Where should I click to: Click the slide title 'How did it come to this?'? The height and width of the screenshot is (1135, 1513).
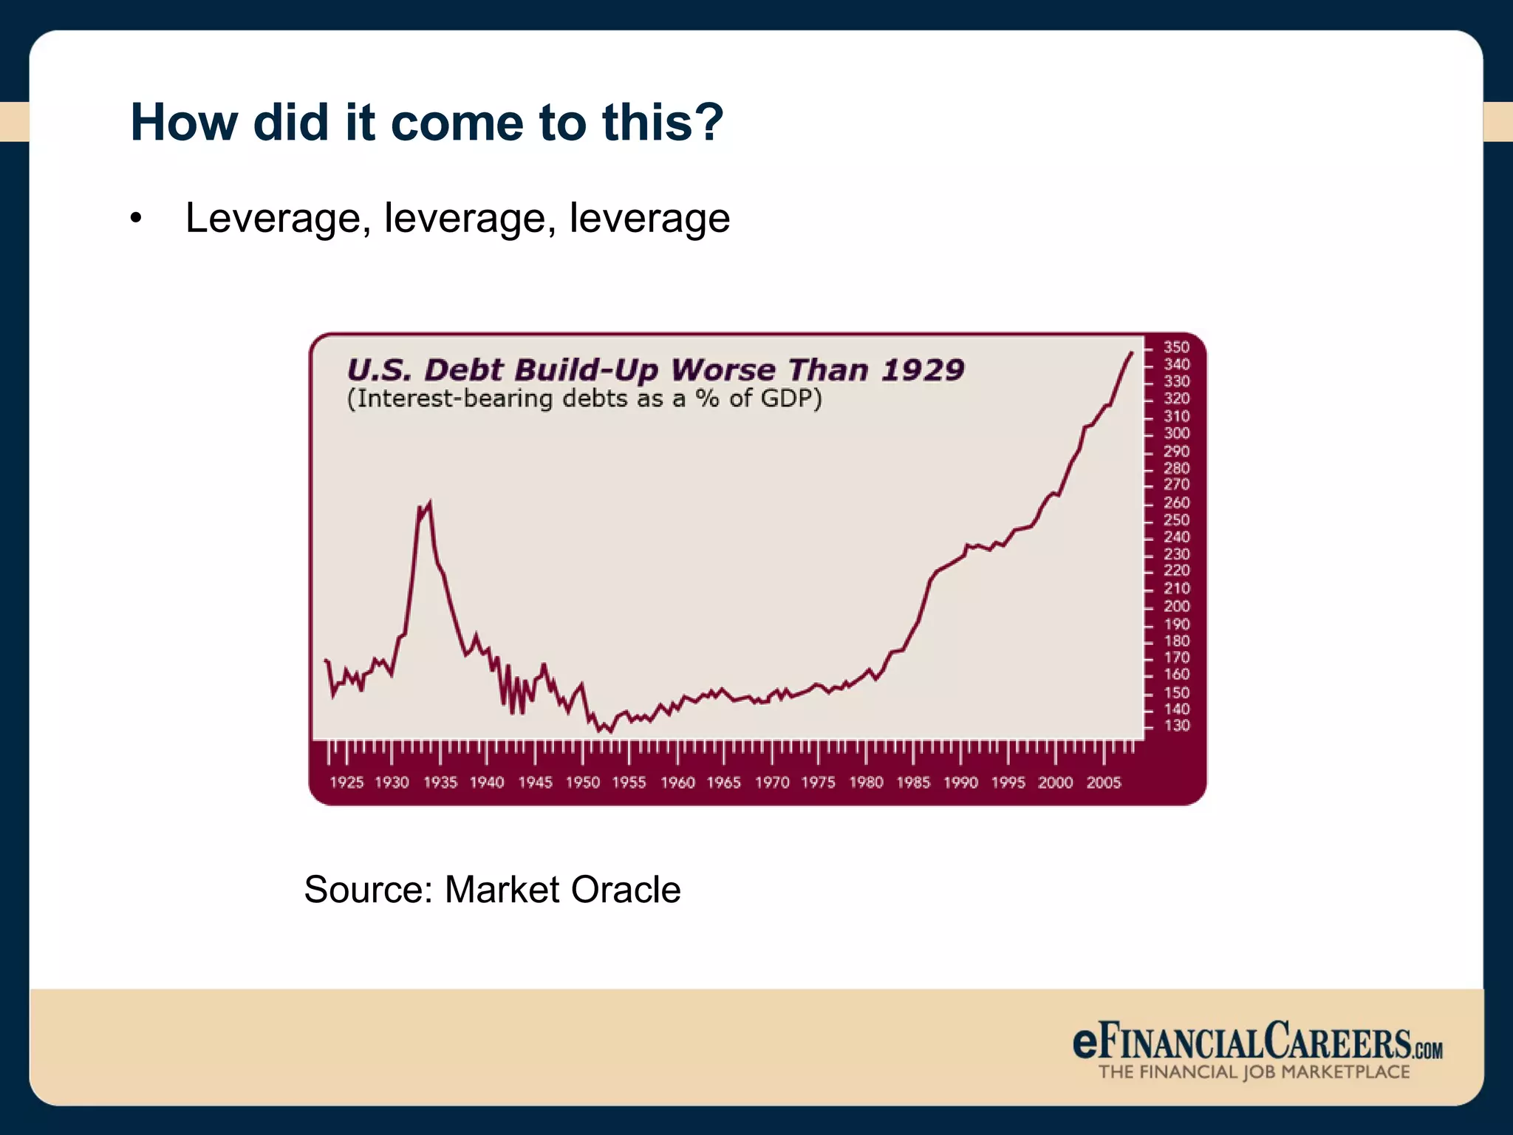[426, 122]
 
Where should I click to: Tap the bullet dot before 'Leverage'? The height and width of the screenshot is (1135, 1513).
[135, 219]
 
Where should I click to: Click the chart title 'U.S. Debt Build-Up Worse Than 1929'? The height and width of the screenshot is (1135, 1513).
[655, 369]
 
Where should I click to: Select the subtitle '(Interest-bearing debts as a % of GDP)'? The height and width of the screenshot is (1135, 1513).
[584, 399]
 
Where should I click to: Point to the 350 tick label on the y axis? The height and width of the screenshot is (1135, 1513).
[1176, 347]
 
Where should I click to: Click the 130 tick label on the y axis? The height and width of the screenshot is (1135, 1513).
[1176, 726]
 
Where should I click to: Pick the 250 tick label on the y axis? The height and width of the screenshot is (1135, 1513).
[1176, 519]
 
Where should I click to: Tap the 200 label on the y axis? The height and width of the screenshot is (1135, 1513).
[1176, 606]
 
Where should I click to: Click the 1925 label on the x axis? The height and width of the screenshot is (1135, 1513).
[346, 783]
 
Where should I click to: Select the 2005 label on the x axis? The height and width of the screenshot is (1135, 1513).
[1103, 783]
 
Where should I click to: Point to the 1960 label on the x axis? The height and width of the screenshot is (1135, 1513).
[677, 783]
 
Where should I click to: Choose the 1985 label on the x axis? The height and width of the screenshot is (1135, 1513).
[913, 783]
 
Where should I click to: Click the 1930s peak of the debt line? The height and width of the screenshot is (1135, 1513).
[430, 502]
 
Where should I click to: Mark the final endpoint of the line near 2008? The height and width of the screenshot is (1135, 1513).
[1131, 353]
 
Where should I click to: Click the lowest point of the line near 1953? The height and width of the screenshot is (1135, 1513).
[610, 732]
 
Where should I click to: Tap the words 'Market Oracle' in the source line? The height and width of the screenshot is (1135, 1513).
[562, 889]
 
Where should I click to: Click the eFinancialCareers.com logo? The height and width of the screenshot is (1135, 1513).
[1257, 1042]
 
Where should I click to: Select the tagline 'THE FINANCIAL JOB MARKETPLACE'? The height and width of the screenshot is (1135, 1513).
[1254, 1072]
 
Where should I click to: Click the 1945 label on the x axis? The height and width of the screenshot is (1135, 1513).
[535, 783]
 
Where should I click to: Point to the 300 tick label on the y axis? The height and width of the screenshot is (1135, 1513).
[1176, 434]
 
